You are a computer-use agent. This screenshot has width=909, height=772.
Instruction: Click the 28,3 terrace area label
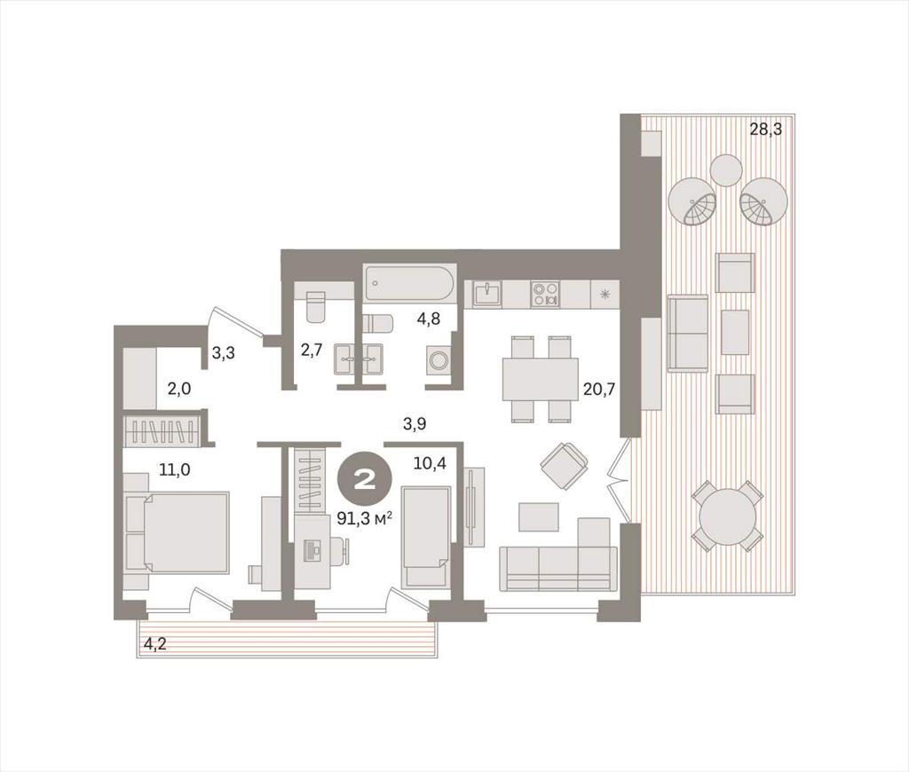(x=766, y=130)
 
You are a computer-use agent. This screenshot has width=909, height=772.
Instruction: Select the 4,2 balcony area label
(x=154, y=643)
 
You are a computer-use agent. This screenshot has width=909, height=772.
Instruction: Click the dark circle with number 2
(x=365, y=479)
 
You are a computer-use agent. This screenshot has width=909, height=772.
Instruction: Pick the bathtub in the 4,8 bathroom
(x=410, y=283)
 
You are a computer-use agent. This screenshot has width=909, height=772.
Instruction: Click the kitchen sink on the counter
(x=487, y=294)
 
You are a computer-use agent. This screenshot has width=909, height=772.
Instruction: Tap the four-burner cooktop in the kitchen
(x=546, y=293)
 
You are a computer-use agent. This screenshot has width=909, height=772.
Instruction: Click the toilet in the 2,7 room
(x=316, y=307)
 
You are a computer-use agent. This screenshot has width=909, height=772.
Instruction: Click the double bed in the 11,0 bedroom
(x=178, y=532)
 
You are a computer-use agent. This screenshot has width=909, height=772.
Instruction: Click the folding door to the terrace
(x=620, y=480)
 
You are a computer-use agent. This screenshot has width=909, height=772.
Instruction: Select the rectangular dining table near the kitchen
(x=541, y=379)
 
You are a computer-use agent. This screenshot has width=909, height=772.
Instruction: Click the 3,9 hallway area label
(x=415, y=424)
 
